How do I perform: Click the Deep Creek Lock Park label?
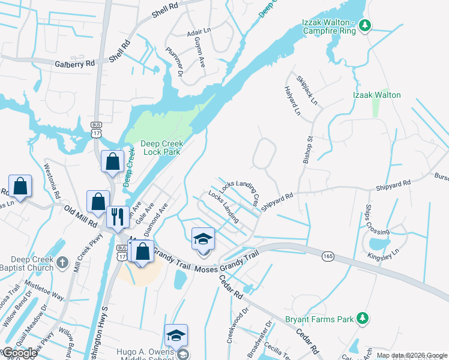click(x=161, y=148)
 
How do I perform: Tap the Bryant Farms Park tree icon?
click(x=363, y=317)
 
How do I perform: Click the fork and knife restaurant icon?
click(x=117, y=217)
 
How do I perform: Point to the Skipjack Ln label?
click(x=306, y=89)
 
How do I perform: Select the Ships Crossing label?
click(x=368, y=220)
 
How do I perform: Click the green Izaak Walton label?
click(x=376, y=95)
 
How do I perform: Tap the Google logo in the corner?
click(x=20, y=353)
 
